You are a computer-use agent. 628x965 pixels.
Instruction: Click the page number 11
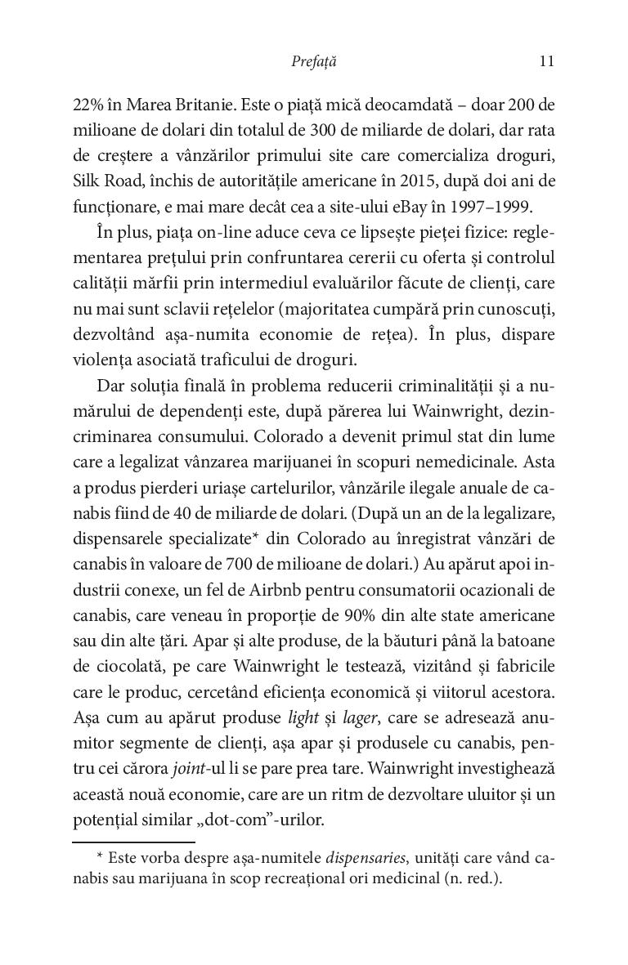pos(547,61)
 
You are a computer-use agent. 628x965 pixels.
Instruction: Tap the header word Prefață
pos(314,61)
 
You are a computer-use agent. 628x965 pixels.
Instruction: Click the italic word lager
pos(352,716)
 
